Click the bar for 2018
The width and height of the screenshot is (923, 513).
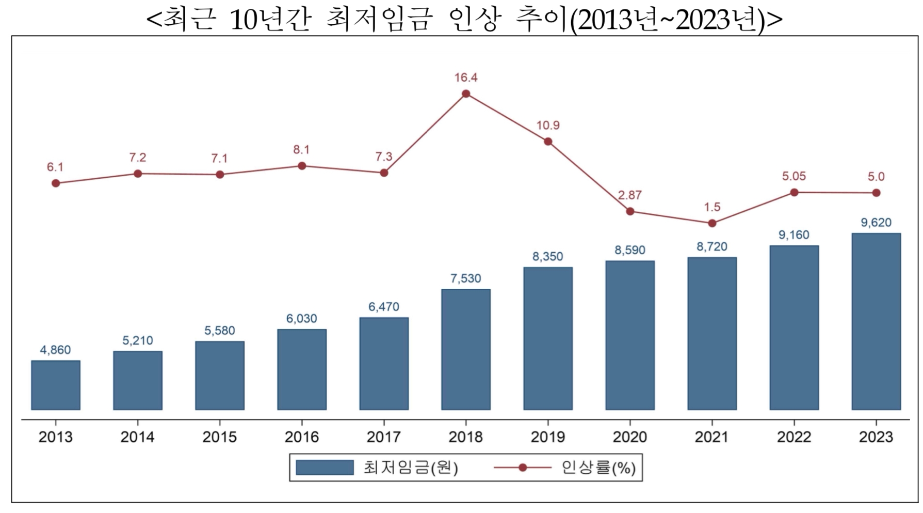tap(466, 349)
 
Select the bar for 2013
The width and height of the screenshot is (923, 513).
tap(56, 385)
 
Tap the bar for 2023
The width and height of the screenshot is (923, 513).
tap(876, 321)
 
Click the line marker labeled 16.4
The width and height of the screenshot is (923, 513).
tap(466, 94)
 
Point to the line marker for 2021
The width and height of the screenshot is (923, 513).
tap(712, 223)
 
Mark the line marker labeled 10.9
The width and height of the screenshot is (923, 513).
tap(548, 142)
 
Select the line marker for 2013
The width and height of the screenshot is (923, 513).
tap(56, 183)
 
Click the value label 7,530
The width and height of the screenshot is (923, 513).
tap(465, 278)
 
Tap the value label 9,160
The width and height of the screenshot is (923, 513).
tap(794, 235)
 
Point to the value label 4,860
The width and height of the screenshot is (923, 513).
tap(55, 350)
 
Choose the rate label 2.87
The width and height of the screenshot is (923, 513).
tap(629, 195)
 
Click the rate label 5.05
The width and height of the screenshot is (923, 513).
tap(794, 176)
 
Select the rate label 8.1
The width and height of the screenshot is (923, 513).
tap(301, 150)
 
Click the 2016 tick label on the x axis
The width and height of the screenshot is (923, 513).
tap(302, 437)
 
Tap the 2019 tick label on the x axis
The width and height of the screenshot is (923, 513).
tap(548, 437)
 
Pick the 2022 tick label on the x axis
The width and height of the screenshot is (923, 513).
tap(794, 437)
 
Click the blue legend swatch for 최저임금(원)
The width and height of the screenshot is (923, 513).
tap(325, 468)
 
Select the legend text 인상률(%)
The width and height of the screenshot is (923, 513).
tap(598, 468)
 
